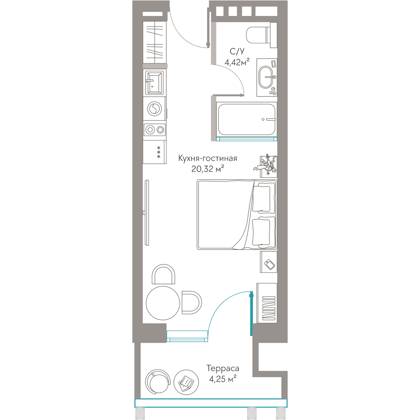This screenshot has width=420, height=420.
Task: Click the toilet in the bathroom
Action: [x=261, y=35]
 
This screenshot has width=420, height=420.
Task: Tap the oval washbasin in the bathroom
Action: [x=266, y=77]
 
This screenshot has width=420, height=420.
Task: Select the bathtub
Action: [x=247, y=119]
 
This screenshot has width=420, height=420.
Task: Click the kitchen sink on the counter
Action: [x=154, y=83]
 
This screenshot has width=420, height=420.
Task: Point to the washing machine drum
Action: [x=155, y=109]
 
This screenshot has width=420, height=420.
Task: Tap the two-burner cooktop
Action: [x=155, y=130]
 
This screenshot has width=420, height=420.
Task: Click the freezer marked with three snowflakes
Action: [x=155, y=152]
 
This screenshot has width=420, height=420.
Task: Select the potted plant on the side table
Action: [x=265, y=165]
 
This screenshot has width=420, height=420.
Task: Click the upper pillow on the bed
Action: [x=261, y=198]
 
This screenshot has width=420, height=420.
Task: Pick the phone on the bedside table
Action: [x=270, y=265]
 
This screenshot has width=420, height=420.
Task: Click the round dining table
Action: [x=163, y=303]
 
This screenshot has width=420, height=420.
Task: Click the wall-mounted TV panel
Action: [x=147, y=213]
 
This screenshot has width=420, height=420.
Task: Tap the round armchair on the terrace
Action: [x=158, y=382]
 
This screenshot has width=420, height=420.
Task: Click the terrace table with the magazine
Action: [x=186, y=382]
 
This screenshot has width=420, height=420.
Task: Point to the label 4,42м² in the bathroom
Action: [x=237, y=62]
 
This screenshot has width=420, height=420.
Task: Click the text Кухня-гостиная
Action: [x=207, y=158]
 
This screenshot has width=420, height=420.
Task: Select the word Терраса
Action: [x=223, y=369]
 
